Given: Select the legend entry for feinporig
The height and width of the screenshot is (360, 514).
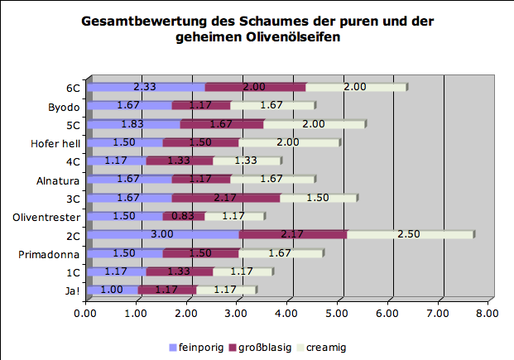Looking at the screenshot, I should point(197,347).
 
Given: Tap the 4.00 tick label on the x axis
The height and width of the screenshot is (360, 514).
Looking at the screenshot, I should point(286,313).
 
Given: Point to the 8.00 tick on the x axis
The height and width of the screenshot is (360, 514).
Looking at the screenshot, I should point(488,313).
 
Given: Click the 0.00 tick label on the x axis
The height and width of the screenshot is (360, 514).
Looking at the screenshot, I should point(86,313).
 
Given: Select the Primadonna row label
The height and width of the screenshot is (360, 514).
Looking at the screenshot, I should point(49,253).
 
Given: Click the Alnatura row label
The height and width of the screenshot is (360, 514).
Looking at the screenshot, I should point(57,180).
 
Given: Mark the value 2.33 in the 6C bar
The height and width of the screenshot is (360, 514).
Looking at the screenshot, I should point(145,87).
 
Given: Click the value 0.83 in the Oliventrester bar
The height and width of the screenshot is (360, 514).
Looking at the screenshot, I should point(184,216).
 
